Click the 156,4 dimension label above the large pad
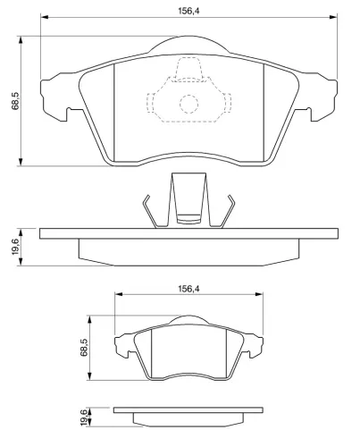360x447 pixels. (x=188, y=11)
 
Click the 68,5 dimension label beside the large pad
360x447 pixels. (x=15, y=101)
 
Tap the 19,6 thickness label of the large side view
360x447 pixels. (x=15, y=247)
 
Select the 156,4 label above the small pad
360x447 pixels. (x=188, y=289)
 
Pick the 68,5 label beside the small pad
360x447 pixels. (x=84, y=348)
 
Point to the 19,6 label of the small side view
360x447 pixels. (x=84, y=417)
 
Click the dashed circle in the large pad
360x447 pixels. (x=188, y=104)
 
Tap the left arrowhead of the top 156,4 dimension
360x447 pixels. (x=45, y=17)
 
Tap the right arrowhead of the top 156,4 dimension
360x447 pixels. (x=333, y=17)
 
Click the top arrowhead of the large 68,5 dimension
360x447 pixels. (x=21, y=40)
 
